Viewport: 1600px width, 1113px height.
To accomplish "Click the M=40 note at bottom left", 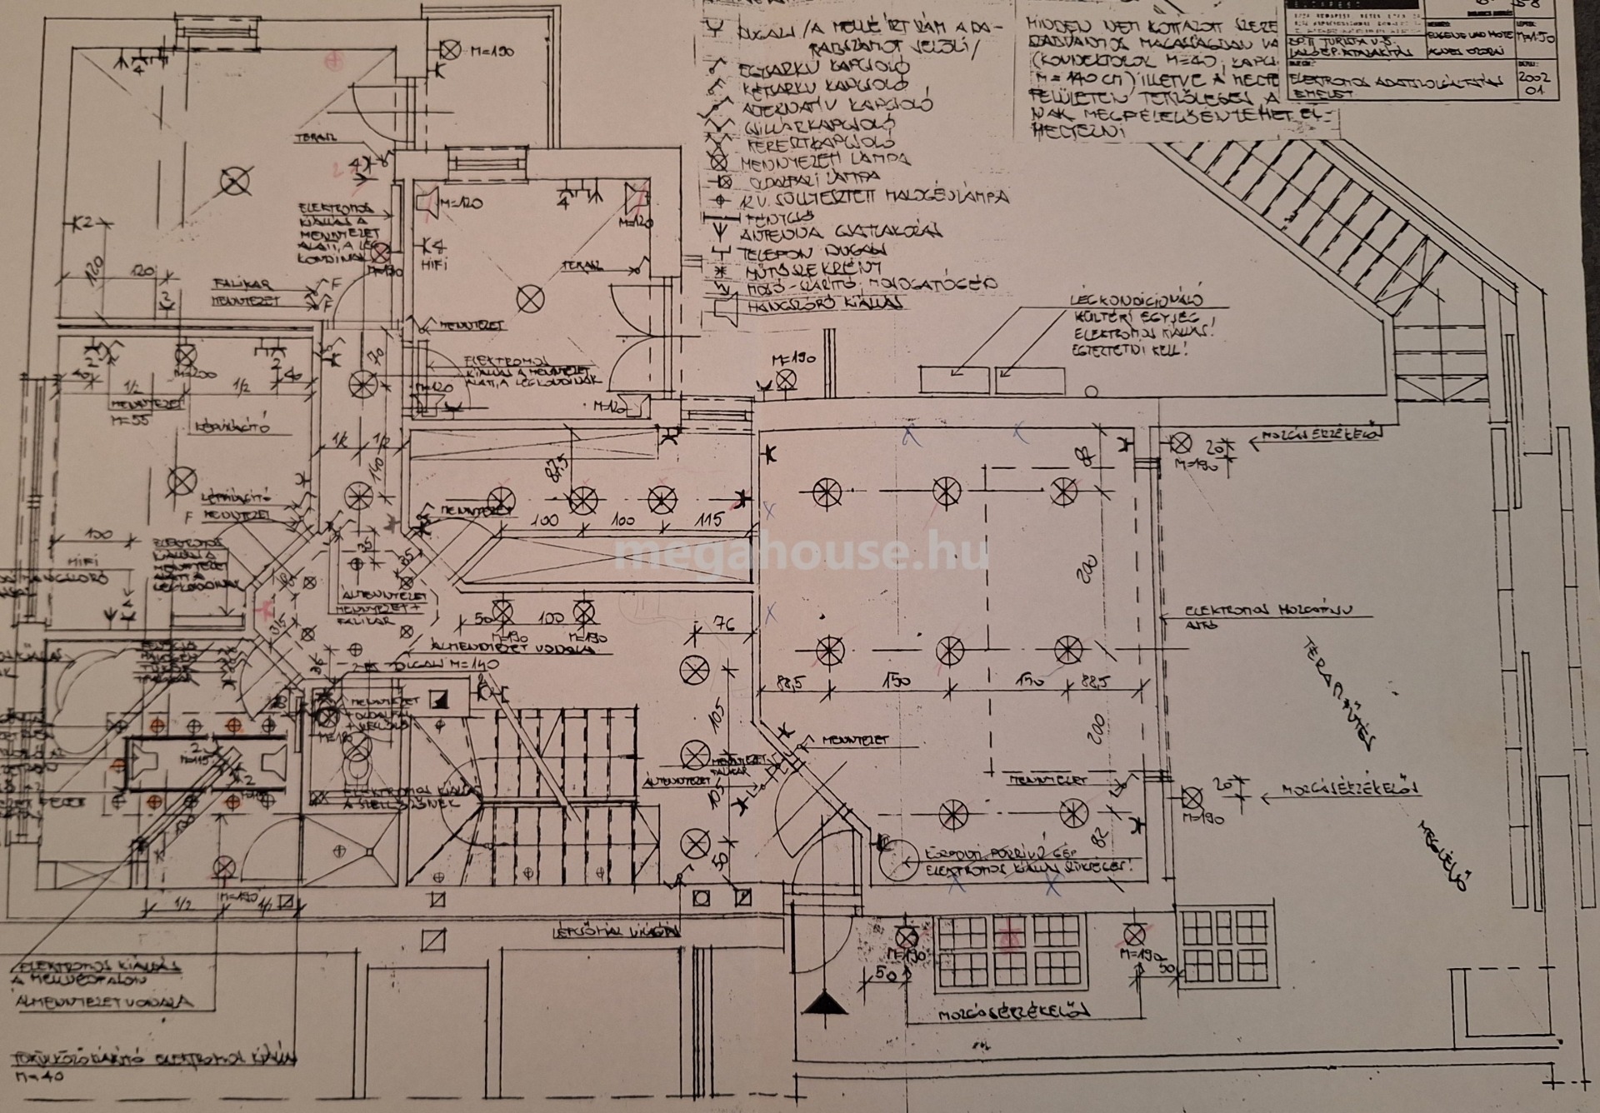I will [38, 1076].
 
